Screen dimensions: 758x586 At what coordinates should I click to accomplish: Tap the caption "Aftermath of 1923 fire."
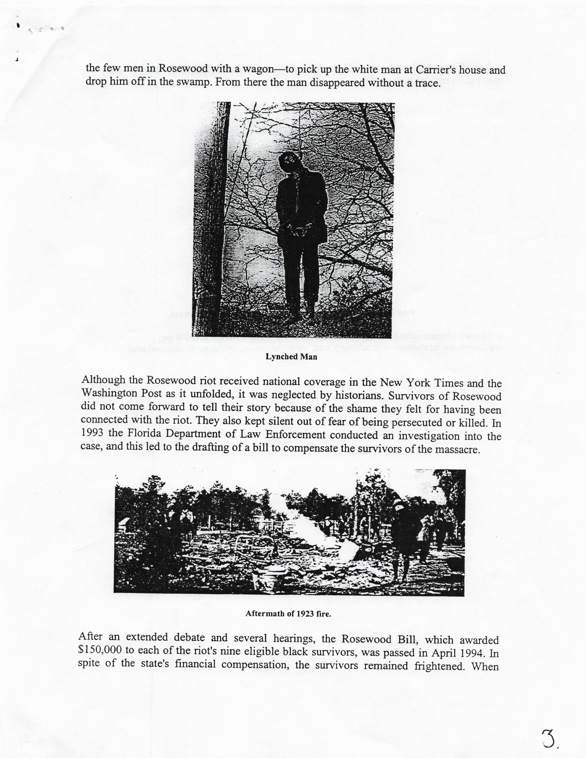click(x=288, y=614)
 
